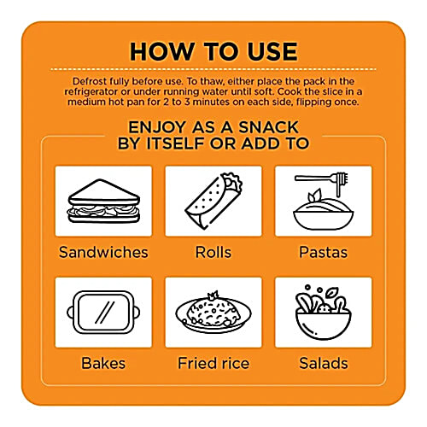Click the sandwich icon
coord(103,201)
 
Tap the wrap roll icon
coord(213,201)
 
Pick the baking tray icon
coord(103,313)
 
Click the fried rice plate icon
coord(213,313)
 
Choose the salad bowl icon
coord(324,313)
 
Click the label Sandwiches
coord(103,252)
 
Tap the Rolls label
coord(213,252)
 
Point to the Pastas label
coord(324,252)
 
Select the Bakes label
coord(103,363)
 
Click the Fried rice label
coord(213,363)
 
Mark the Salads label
coord(324,363)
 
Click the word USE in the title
coord(272,51)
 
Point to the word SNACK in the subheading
coord(268,127)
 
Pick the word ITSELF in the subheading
coord(177,143)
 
